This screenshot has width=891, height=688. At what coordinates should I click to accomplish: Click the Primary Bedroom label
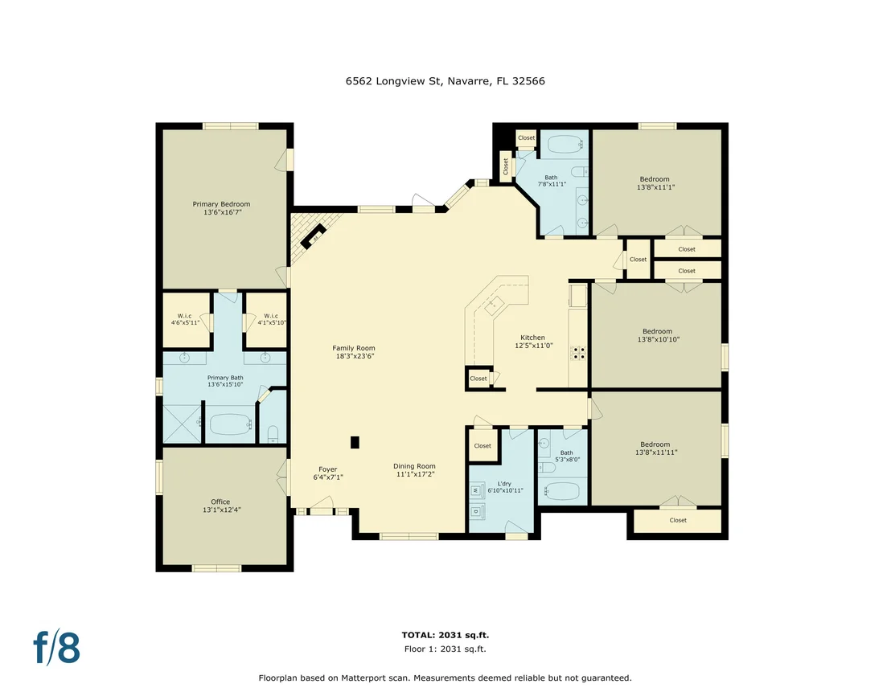[221, 204]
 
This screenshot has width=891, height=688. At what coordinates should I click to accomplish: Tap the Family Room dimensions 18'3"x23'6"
[355, 356]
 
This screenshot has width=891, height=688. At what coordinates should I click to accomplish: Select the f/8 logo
[57, 647]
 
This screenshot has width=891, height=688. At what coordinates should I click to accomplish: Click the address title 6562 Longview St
[393, 80]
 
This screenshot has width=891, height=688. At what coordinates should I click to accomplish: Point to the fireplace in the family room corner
[313, 236]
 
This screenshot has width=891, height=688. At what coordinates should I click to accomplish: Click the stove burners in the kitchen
[578, 353]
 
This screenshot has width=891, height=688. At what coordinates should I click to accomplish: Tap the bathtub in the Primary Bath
[230, 424]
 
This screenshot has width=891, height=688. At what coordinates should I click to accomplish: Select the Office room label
[220, 502]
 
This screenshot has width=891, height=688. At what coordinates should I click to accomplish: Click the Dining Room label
[414, 466]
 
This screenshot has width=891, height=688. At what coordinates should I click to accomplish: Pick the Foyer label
[328, 469]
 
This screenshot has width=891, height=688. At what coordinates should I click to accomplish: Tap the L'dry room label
[504, 484]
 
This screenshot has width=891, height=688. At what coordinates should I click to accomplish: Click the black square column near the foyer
[355, 442]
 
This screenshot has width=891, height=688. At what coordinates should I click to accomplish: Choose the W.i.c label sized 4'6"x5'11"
[185, 316]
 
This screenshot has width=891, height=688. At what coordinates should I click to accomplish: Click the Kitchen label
[532, 338]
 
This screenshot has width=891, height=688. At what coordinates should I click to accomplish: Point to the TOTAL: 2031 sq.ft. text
[445, 635]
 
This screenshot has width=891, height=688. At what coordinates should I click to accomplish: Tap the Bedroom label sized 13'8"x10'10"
[658, 331]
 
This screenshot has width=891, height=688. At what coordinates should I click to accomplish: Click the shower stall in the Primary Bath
[182, 424]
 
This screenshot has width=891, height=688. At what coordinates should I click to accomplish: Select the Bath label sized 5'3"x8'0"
[567, 453]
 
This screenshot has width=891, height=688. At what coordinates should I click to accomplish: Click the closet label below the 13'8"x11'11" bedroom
[678, 520]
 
